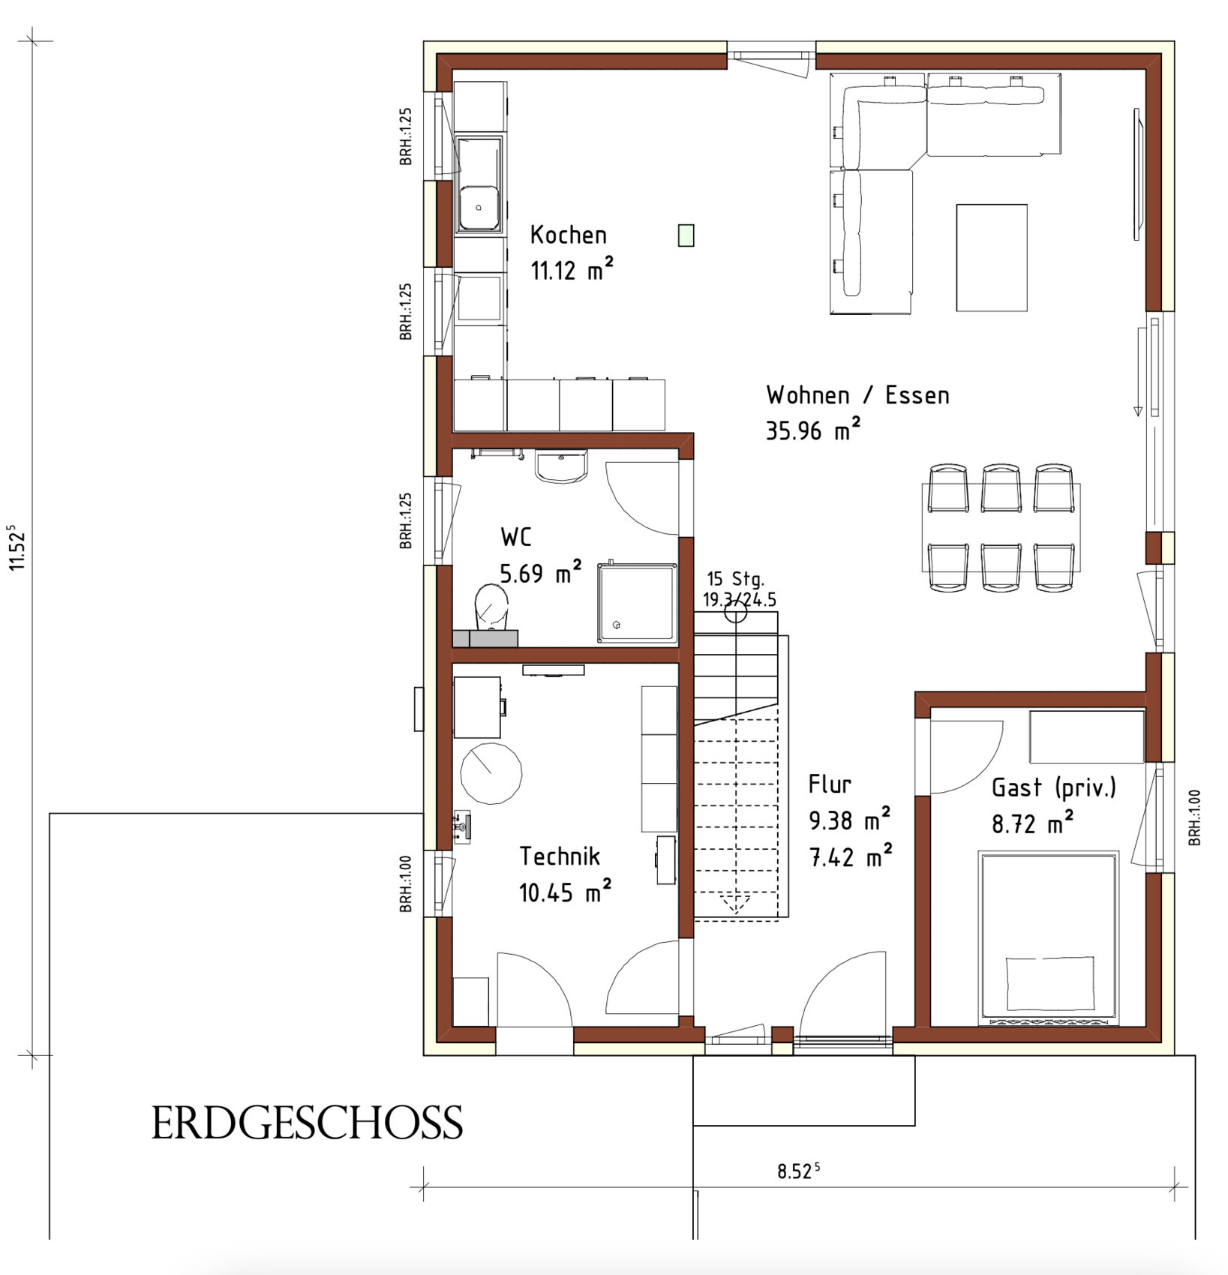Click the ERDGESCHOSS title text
(307, 1123)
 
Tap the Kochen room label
(568, 235)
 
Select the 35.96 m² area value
(813, 430)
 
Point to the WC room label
(516, 537)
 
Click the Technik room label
(560, 856)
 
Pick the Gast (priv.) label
(1054, 787)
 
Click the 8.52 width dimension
(798, 1171)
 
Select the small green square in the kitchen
(686, 235)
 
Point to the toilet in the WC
(491, 607)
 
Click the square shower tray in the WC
(637, 603)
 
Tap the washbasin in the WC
(561, 466)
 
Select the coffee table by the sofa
(992, 257)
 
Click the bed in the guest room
(1049, 937)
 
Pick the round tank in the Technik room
(491, 773)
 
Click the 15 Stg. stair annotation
(735, 579)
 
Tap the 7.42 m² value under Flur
(851, 856)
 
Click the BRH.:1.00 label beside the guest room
(1195, 817)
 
